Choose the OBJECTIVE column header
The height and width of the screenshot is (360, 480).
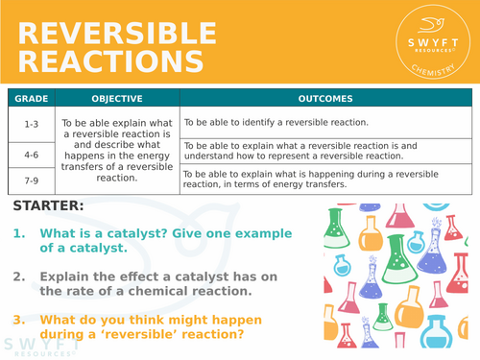coord(116,98)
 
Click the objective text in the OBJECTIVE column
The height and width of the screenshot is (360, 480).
coord(116,151)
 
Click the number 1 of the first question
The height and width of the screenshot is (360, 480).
coord(18,233)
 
